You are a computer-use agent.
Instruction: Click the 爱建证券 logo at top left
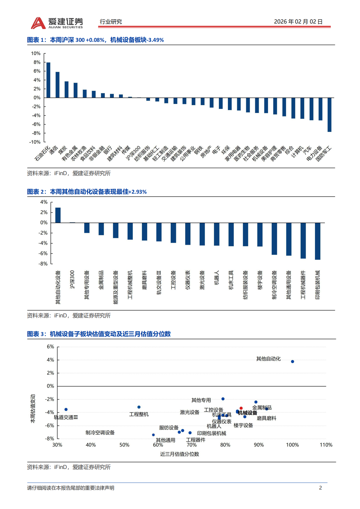[57, 23]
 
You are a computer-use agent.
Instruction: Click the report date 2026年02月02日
[298, 22]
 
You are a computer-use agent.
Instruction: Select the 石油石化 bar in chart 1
[48, 80]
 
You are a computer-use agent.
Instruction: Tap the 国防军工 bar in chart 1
[330, 115]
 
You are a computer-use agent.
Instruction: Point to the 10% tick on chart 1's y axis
[36, 53]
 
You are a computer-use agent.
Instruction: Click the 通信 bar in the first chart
[57, 85]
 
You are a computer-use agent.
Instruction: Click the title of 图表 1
[95, 40]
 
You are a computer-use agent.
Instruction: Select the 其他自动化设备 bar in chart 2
[58, 215]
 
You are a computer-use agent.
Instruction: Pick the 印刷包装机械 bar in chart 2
[318, 241]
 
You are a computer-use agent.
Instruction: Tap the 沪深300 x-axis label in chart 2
[72, 279]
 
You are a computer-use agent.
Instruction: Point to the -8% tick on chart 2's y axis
[43, 264]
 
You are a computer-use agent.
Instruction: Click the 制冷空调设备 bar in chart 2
[274, 239]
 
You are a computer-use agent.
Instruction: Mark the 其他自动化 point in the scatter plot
[292, 361]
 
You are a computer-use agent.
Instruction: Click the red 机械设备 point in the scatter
[241, 408]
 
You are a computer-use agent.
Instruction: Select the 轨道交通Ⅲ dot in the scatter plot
[66, 409]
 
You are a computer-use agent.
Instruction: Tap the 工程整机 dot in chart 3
[139, 407]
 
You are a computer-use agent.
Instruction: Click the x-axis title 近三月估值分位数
[179, 454]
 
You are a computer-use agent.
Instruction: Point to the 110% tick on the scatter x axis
[326, 445]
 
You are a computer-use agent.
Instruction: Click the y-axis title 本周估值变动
[33, 409]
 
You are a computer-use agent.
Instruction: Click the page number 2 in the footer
[320, 488]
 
